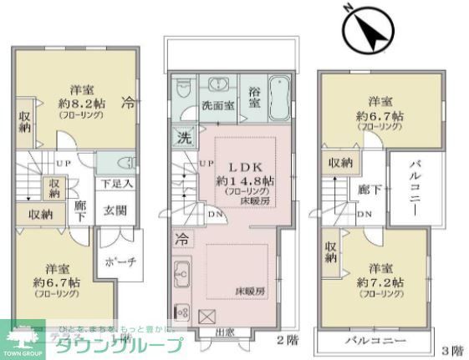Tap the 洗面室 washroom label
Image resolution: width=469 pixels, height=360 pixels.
pyautogui.click(x=219, y=107)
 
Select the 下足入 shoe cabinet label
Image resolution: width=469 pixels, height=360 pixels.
pyautogui.click(x=115, y=183)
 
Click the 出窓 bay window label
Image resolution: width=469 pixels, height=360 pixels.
pyautogui.click(x=224, y=332)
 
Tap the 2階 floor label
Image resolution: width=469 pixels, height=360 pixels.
pyautogui.click(x=285, y=340)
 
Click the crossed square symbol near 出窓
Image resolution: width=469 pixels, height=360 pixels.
pyautogui.click(x=208, y=315)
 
